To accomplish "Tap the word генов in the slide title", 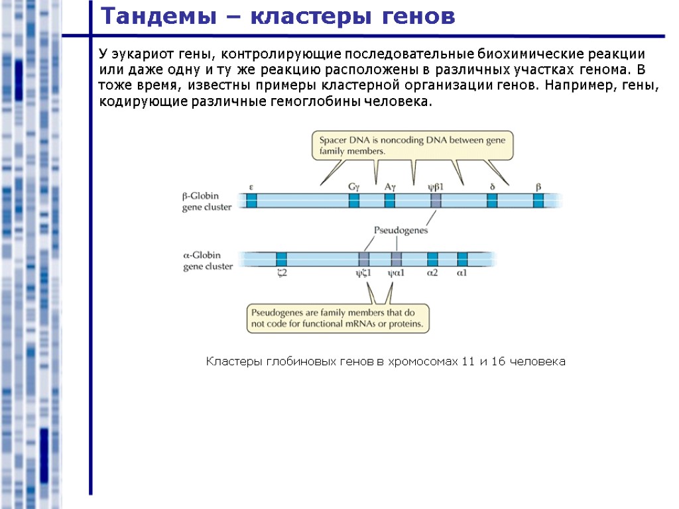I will coord(416,17).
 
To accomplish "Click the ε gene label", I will coord(251,187).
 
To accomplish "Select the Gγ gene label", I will coord(354,187).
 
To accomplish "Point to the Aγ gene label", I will coord(390,187).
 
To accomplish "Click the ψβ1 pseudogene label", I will coord(435,187).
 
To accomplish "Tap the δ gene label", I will coord(492,187).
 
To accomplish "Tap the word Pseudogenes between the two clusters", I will coord(401,231).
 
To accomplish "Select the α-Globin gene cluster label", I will coord(208,260).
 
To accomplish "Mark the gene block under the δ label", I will coord(492,201).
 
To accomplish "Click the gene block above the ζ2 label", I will coord(282,259).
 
